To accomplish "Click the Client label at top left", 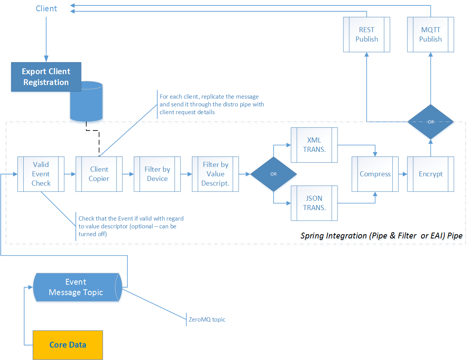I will click(46, 9).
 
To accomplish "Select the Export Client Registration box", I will click(46, 77).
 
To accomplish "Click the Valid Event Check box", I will click(41, 174).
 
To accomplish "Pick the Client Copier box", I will click(99, 174).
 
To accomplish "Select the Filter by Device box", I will click(157, 174).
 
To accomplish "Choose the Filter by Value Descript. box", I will click(215, 174).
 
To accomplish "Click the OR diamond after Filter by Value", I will click(273, 174).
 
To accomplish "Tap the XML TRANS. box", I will click(314, 145).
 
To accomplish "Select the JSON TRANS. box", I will click(314, 203).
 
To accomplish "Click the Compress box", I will click(375, 174).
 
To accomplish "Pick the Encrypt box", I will click(430, 174).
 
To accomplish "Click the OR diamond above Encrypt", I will click(430, 122).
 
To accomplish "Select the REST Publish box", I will click(366, 35).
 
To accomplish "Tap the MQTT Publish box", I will click(430, 35).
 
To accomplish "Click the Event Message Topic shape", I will click(76, 287).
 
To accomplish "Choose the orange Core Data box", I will click(68, 345).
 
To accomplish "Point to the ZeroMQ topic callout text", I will click(207, 320).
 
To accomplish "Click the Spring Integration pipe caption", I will click(381, 236).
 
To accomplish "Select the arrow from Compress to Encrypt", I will click(403, 174).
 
